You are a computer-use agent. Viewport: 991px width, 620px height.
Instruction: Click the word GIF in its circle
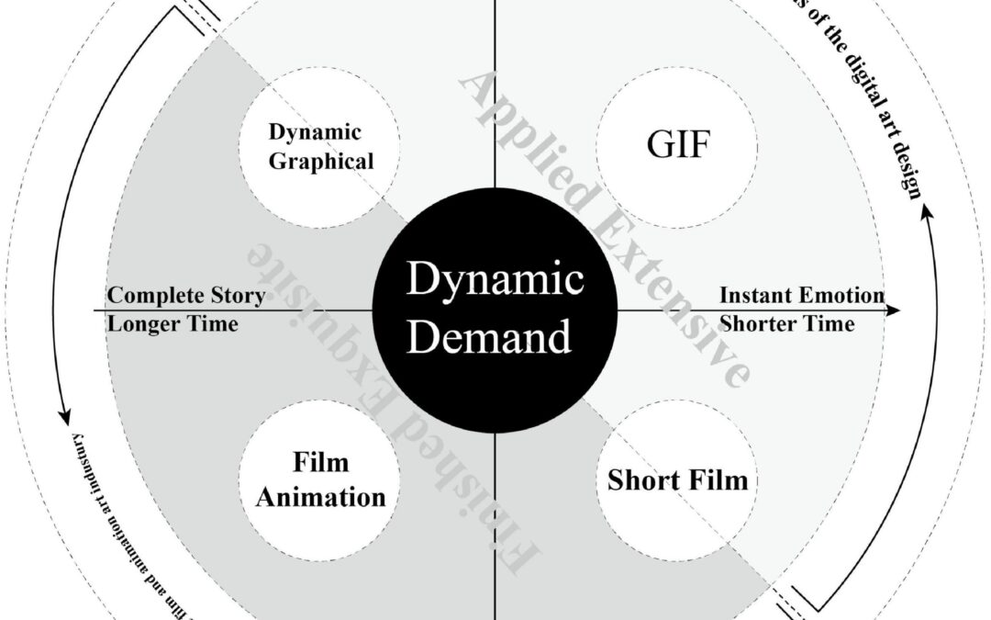676,146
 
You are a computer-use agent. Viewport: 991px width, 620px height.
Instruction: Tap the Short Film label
677,479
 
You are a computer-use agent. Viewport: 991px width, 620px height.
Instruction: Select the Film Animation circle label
320,480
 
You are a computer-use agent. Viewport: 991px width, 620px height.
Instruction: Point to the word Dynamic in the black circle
495,278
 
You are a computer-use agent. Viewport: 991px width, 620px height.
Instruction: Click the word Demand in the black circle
490,337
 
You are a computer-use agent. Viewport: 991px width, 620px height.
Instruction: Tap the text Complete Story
186,296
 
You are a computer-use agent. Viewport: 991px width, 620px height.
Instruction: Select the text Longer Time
173,323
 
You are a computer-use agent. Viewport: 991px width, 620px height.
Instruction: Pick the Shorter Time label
787,323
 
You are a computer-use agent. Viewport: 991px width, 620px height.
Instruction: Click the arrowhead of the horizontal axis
895,310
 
